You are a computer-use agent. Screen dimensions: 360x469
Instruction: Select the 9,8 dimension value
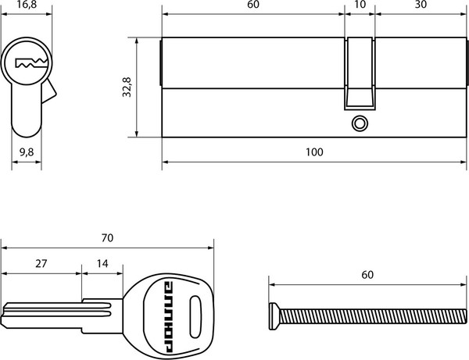(x=27, y=151)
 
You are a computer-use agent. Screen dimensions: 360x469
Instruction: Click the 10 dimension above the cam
(x=360, y=6)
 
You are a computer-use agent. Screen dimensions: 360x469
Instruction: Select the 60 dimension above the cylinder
(x=252, y=6)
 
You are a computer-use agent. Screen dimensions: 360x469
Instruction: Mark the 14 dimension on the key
(x=102, y=264)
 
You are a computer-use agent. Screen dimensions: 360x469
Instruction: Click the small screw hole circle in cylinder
(x=360, y=123)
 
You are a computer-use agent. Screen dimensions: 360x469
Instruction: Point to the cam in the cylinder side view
(x=360, y=74)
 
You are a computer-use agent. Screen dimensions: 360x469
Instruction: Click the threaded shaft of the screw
(x=375, y=315)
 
